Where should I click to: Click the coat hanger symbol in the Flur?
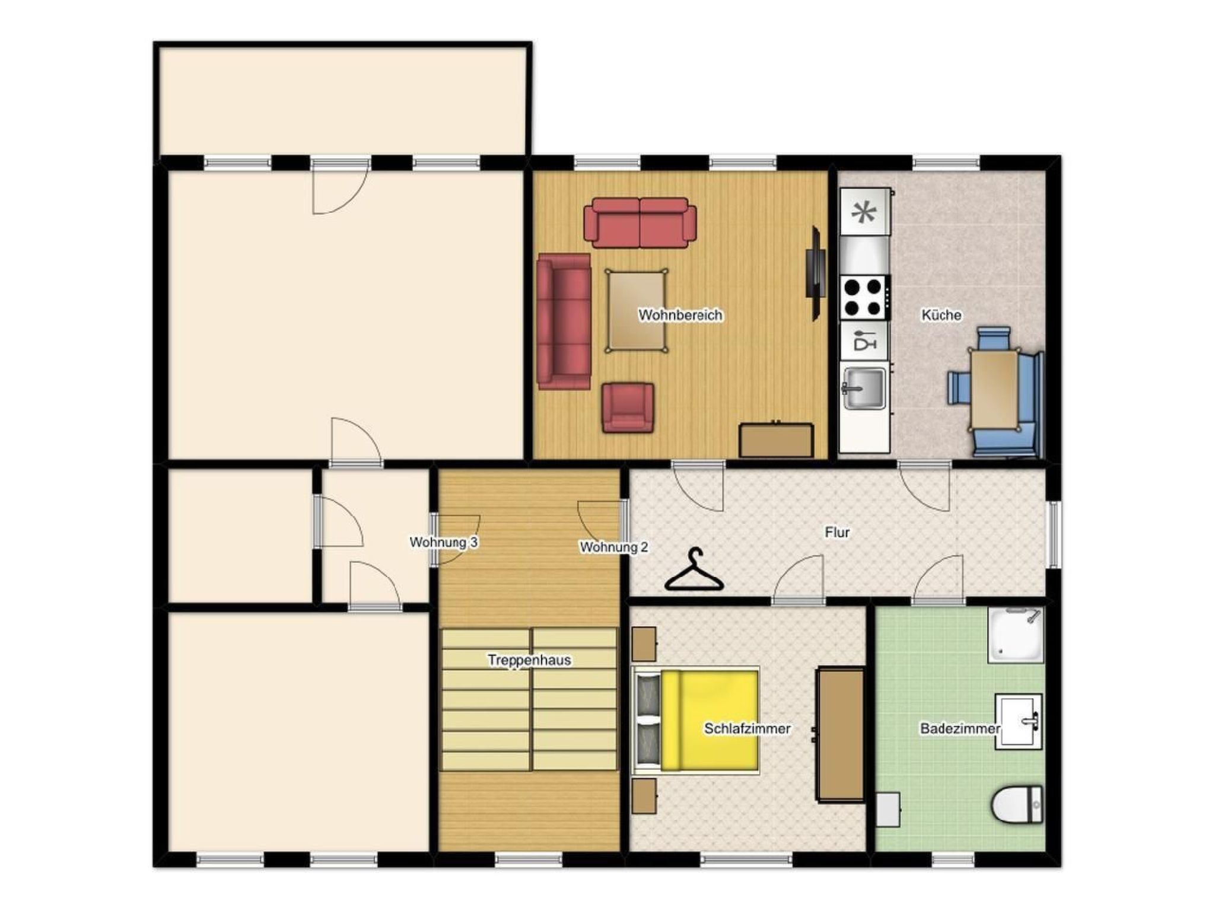point(694,572)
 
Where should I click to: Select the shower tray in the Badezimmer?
point(1015,635)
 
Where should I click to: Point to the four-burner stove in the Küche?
point(864,298)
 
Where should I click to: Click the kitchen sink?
point(864,389)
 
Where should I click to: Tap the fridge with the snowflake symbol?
point(864,212)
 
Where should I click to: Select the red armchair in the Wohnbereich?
point(628,407)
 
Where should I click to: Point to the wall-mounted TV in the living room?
point(816,273)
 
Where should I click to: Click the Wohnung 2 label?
point(613,547)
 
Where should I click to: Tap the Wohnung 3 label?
point(443,542)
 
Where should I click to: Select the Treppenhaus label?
point(529,660)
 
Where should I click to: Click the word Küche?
point(941,315)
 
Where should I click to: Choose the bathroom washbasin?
point(1018,722)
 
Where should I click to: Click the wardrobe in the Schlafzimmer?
point(841,734)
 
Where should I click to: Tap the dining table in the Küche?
point(994,389)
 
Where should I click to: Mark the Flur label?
point(836,533)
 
